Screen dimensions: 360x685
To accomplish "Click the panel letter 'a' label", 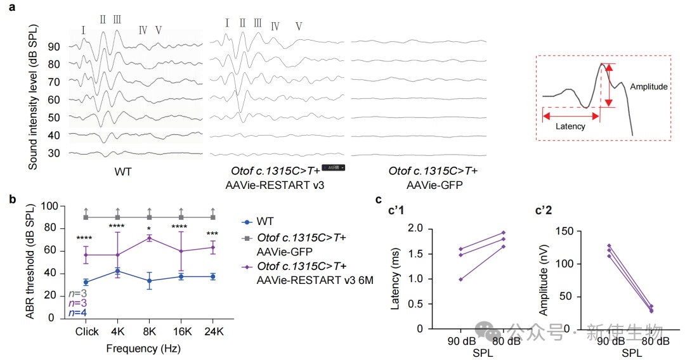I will click(x=9, y=9).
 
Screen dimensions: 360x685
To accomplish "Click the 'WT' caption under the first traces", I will click(x=124, y=171).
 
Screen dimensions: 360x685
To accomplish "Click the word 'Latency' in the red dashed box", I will click(x=570, y=127).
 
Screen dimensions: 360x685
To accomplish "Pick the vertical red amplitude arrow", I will click(x=608, y=85).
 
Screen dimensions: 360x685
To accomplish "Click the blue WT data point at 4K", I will click(x=117, y=271).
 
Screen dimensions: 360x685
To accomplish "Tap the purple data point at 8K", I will click(x=149, y=238).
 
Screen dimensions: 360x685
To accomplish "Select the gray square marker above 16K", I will click(x=181, y=217).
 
